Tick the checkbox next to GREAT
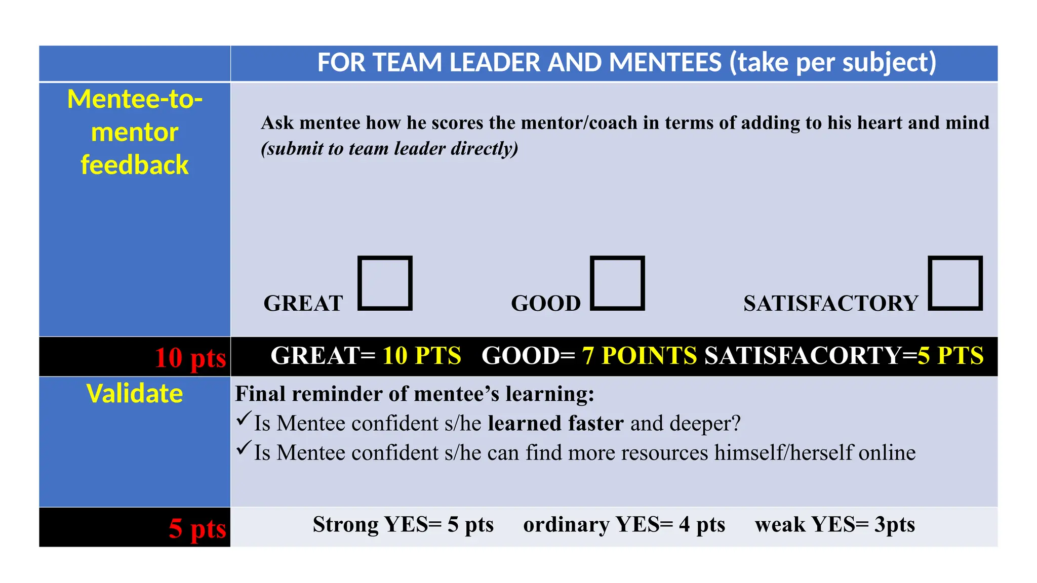[x=385, y=283]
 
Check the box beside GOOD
[x=617, y=283]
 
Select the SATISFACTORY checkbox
[x=955, y=283]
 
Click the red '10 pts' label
[x=190, y=358]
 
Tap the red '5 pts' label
[x=197, y=528]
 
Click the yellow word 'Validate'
[x=135, y=394]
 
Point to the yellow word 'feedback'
[x=135, y=165]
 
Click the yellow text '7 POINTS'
[x=639, y=356]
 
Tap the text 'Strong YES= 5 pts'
[x=403, y=525]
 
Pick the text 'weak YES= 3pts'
[x=834, y=525]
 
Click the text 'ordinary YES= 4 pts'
[x=624, y=525]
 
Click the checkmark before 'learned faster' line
[x=244, y=419]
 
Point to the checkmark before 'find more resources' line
[x=244, y=448]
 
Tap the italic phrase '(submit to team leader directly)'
[x=389, y=149]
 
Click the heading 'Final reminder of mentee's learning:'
[x=414, y=394]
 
